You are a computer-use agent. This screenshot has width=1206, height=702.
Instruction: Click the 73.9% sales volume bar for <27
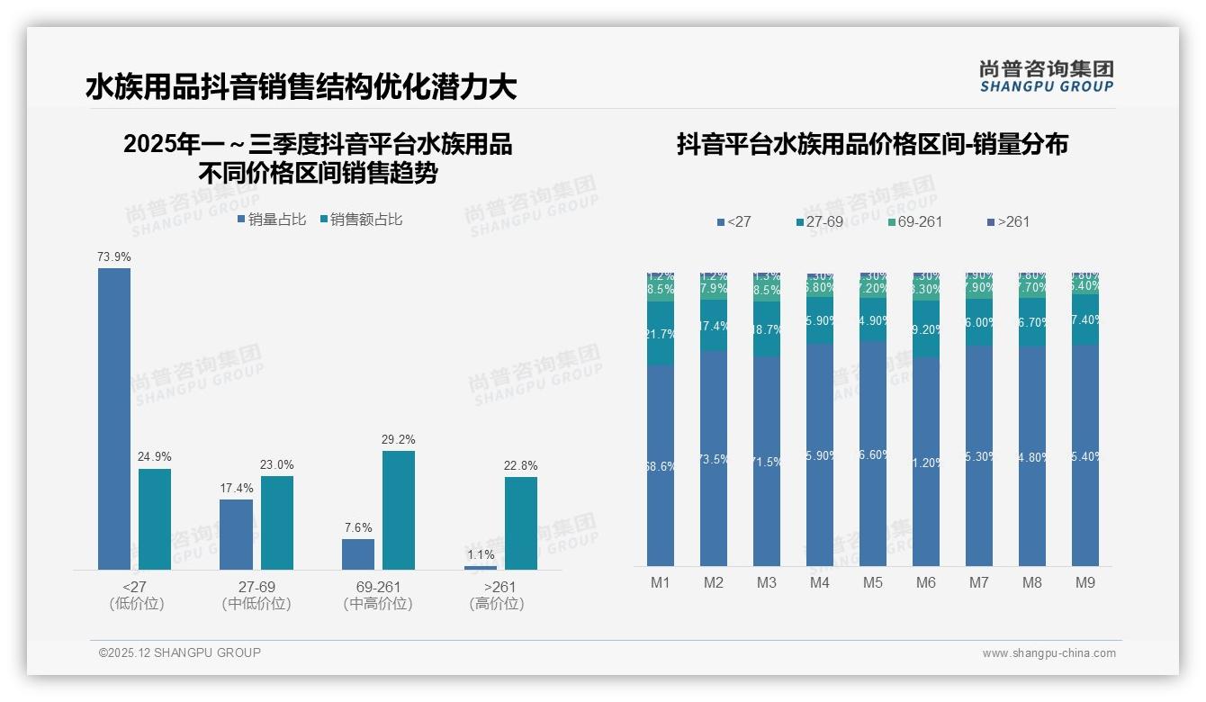114,418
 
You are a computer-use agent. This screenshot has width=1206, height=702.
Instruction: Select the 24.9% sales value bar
155,519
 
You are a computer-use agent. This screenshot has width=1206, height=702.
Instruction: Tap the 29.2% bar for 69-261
399,510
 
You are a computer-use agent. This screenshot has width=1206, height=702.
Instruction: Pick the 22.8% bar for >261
521,523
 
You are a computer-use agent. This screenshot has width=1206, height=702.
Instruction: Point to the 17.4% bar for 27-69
237,535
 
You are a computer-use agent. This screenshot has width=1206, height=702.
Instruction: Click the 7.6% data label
358,528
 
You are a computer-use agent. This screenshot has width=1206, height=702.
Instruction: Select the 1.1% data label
481,555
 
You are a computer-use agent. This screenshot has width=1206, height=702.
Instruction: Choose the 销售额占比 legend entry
360,220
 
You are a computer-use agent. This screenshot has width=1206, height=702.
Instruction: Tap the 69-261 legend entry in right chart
913,221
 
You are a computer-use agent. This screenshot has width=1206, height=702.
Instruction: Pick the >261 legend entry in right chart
1008,221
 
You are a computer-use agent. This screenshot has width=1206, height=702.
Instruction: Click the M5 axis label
873,583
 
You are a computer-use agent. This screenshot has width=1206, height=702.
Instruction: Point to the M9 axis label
1085,583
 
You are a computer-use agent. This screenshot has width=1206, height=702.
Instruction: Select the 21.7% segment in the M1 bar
661,333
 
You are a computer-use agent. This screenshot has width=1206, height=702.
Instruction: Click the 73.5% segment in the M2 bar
714,459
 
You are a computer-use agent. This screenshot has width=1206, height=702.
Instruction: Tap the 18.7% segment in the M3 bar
767,329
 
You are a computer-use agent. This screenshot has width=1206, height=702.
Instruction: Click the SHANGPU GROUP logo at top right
1047,76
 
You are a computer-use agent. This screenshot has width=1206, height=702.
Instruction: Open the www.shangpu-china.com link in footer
1048,653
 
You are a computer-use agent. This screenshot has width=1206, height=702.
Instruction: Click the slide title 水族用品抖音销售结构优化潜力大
301,87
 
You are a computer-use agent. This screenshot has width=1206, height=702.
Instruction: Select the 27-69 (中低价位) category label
256,595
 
